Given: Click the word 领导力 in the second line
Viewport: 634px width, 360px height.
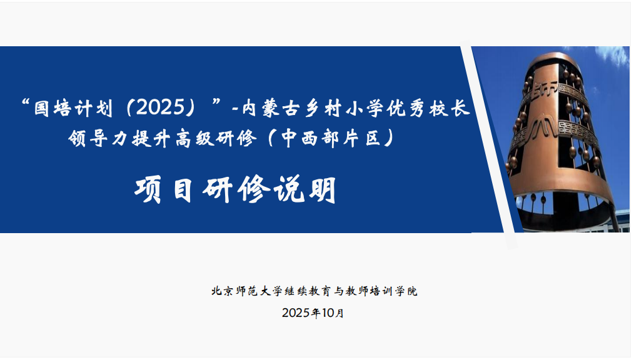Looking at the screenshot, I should (95, 139).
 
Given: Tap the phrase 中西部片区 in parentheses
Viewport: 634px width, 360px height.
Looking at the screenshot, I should (337, 139).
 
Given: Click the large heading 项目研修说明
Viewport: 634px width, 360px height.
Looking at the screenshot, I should (236, 189).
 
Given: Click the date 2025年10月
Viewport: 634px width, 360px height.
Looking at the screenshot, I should (313, 313).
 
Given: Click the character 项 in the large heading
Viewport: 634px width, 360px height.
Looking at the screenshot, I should (148, 190).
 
